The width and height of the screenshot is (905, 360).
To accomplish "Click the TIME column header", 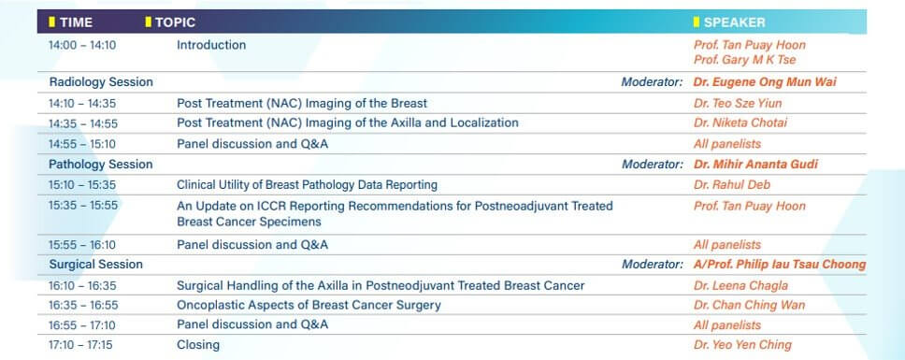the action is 76,22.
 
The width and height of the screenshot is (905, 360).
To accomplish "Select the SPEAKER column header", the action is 734,22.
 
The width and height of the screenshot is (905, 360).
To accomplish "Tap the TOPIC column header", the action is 176,22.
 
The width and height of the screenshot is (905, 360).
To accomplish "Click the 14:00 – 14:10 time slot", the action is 82,45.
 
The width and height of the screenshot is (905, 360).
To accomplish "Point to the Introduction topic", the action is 211,45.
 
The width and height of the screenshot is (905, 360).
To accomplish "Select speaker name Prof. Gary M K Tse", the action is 744,60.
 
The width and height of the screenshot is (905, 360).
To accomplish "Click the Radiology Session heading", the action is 101,82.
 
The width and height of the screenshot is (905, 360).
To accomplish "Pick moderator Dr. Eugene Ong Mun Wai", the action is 765,82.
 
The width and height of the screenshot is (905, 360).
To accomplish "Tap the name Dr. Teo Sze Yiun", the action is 738,104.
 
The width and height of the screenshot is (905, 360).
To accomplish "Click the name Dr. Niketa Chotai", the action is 740,122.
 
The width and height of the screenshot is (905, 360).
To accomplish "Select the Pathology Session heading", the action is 100,165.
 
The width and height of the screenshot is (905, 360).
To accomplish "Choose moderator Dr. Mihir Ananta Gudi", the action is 755,165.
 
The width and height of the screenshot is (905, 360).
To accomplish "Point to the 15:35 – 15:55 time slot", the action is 83,206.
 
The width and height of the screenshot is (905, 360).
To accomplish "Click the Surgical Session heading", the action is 95,265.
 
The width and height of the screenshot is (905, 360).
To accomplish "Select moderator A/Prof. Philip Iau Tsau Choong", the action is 780,265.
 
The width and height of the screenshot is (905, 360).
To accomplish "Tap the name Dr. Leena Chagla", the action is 740,285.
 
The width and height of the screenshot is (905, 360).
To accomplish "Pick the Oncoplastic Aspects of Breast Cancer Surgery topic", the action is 309,305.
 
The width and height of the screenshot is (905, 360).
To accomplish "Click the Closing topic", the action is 198,345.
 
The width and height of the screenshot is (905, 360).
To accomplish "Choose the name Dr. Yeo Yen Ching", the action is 742,345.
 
